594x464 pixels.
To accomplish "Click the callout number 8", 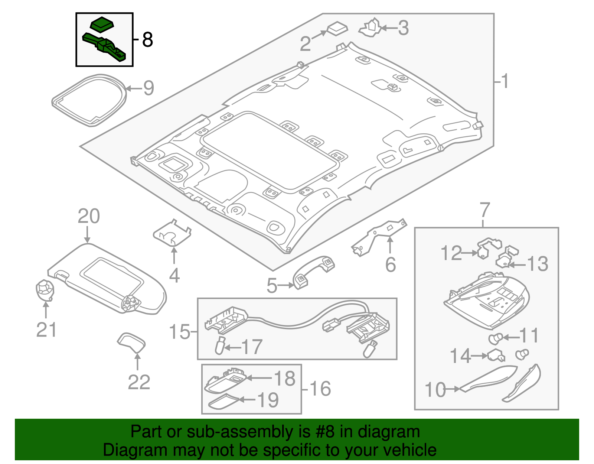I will (x=147, y=39).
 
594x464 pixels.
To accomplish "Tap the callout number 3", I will (x=403, y=28).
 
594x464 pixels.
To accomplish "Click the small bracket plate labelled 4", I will (x=172, y=233).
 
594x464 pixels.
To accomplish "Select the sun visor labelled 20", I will (x=108, y=279).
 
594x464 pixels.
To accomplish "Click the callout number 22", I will (x=139, y=382).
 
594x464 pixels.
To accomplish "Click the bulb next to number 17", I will (x=220, y=346).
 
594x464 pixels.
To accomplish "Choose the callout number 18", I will (x=285, y=379).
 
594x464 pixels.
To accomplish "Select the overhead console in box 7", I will (x=486, y=301).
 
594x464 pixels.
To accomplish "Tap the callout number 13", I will (x=538, y=264).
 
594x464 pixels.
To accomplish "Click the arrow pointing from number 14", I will (x=479, y=356).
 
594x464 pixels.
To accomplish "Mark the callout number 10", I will (x=435, y=390).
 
